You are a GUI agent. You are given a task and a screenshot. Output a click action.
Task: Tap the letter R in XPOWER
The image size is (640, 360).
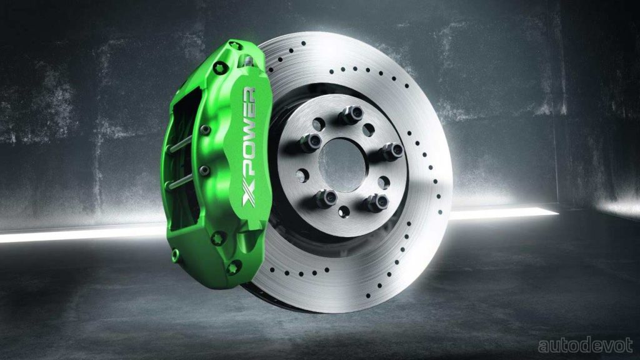pyautogui.click(x=249, y=97)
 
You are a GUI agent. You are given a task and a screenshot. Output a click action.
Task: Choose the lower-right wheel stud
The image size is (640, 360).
pyautogui.click(x=375, y=202)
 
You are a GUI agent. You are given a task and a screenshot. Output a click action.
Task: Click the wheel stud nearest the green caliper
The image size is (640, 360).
pyautogui.click(x=310, y=142)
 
